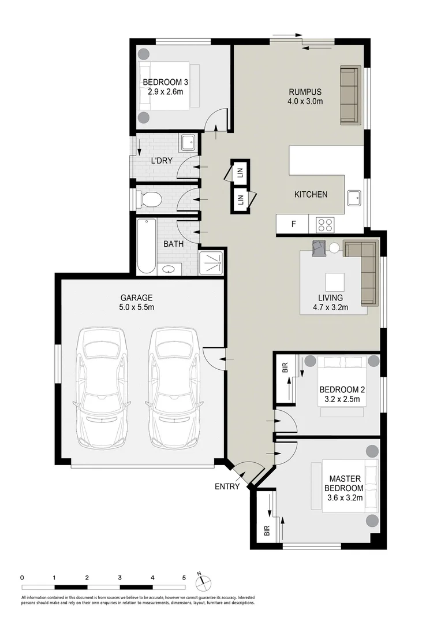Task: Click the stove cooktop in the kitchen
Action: [326, 224]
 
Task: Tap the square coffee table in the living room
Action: [337, 283]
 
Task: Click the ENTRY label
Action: [227, 486]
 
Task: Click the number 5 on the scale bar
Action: [184, 577]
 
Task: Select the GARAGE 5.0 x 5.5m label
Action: [137, 302]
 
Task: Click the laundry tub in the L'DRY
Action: [187, 143]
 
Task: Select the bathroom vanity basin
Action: [169, 269]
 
